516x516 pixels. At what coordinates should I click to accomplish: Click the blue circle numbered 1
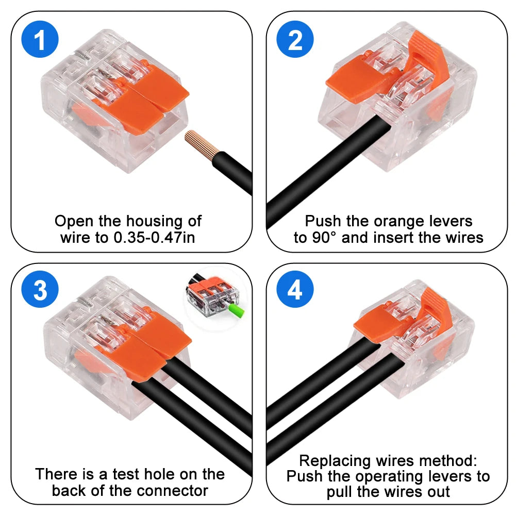(x=40, y=41)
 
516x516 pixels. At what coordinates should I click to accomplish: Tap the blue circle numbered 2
(x=295, y=41)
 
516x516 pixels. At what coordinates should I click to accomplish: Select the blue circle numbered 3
(x=40, y=291)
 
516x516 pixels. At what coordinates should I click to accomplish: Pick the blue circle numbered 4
(x=295, y=291)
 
